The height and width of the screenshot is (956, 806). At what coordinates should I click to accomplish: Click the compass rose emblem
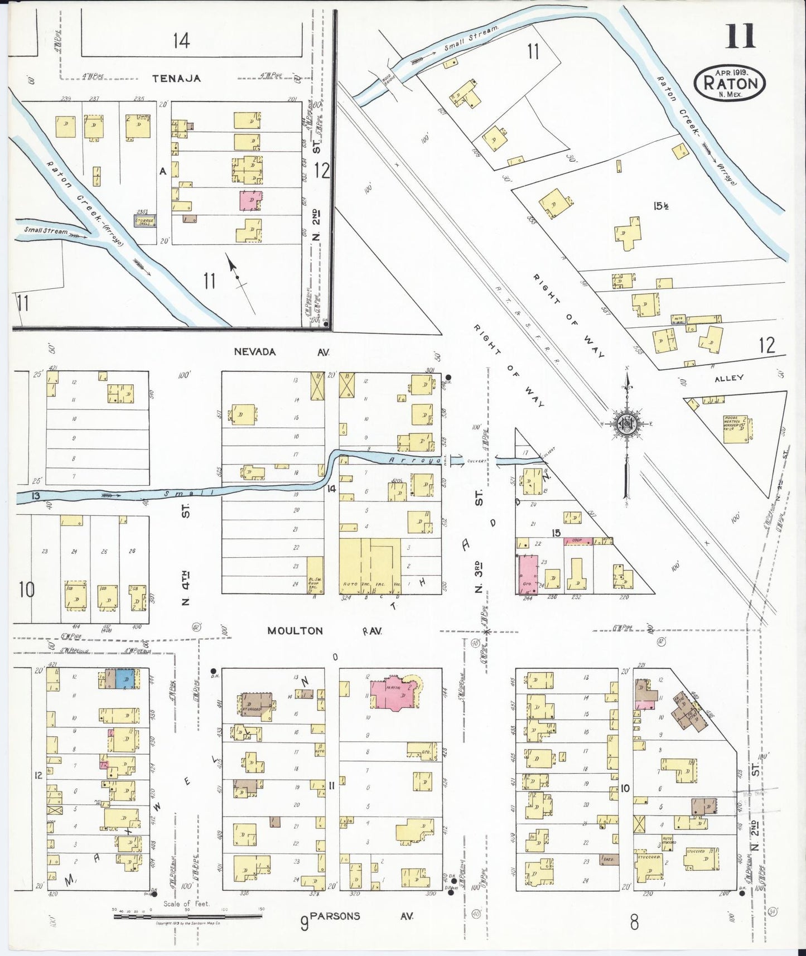[x=627, y=423]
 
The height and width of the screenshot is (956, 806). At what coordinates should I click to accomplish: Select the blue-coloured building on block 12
[x=126, y=679]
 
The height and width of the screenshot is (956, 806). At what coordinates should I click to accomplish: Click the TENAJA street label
[x=176, y=79]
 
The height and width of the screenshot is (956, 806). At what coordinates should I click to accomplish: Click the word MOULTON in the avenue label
[x=295, y=631]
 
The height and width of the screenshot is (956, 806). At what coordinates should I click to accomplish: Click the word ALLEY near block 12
[x=728, y=378]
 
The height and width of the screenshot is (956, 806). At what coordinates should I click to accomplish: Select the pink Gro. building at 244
[x=528, y=574]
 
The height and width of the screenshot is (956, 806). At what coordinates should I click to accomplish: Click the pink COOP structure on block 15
[x=578, y=541]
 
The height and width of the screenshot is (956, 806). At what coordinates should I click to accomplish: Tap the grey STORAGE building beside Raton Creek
[x=144, y=221]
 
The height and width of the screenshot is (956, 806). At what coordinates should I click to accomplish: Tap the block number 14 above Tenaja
[x=181, y=41]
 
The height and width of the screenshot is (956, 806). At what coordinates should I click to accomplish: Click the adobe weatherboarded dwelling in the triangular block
[x=735, y=428]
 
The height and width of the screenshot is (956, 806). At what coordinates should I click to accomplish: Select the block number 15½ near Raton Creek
[x=662, y=206]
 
